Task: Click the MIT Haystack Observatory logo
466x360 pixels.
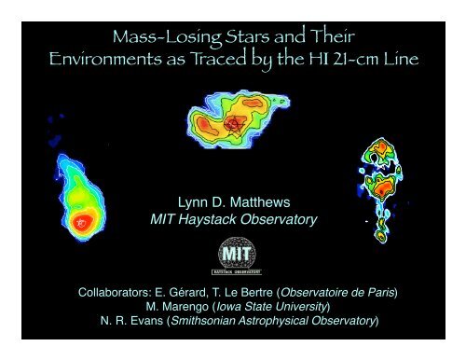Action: click(x=233, y=254)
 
